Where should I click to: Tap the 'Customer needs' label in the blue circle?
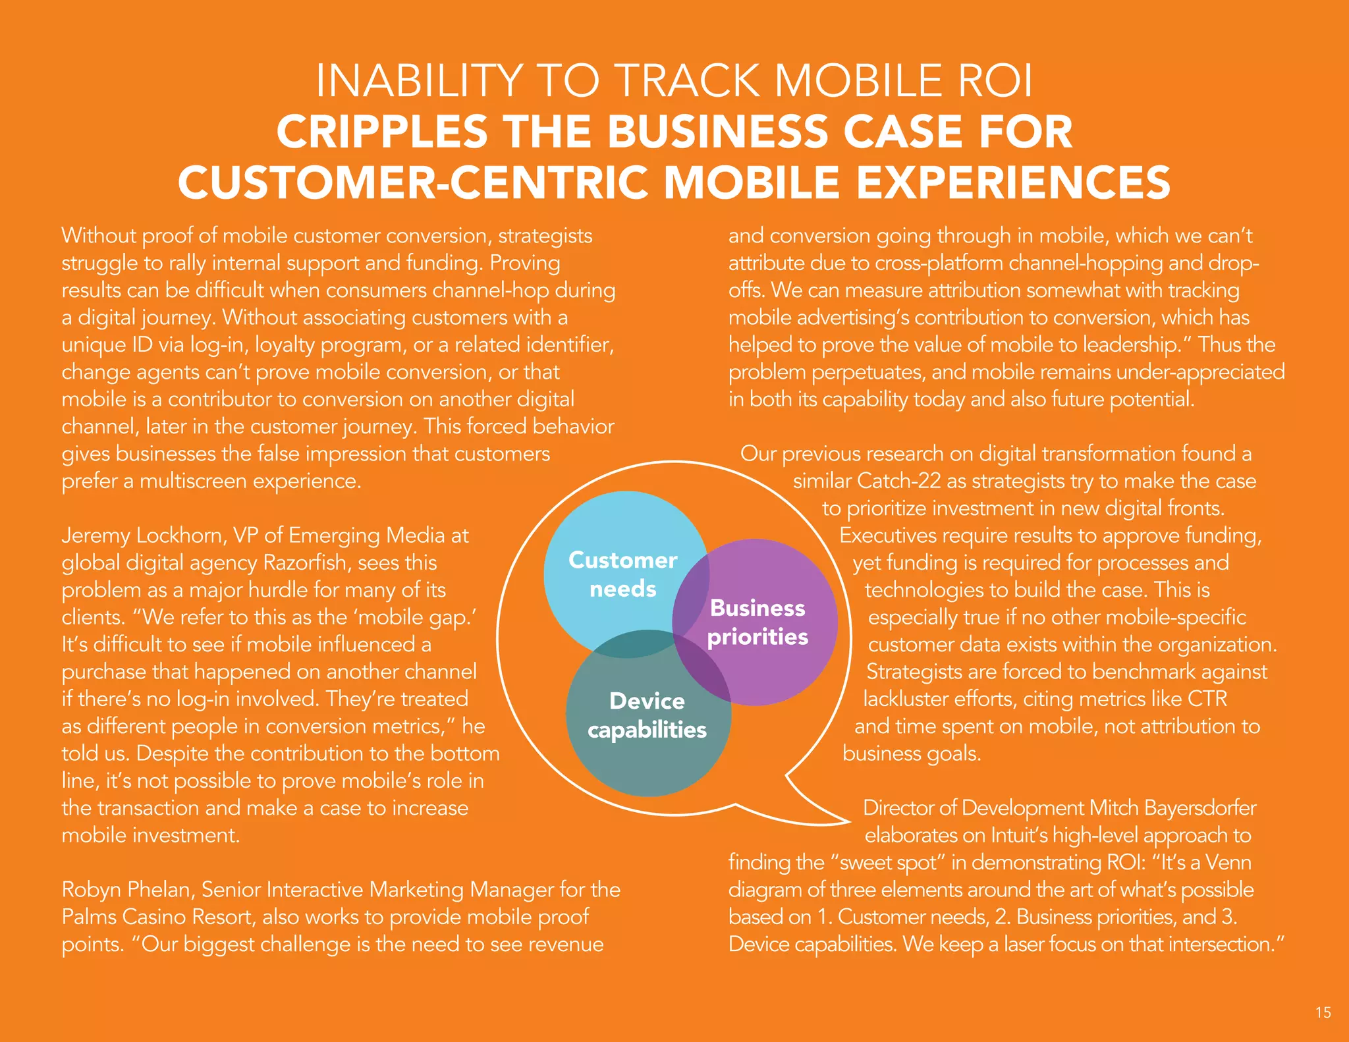622,574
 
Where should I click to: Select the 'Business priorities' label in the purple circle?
757,622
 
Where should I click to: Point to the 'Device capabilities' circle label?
647,715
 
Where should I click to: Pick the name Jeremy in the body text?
96,535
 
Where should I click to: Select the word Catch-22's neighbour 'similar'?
822,481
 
